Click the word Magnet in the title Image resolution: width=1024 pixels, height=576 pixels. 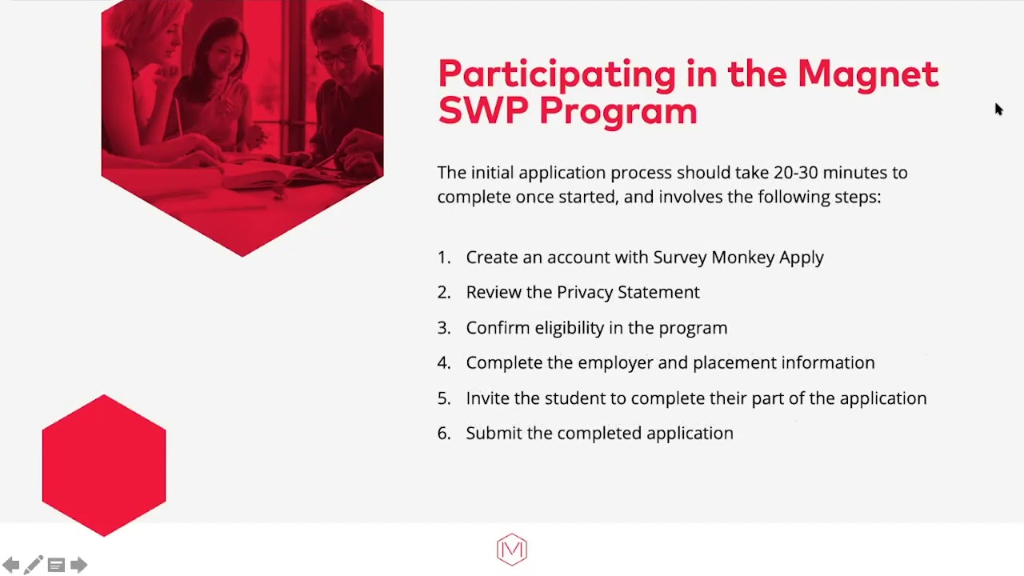pos(867,74)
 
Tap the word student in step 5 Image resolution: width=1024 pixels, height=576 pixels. pos(573,398)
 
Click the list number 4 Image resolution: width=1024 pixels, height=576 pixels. pos(443,363)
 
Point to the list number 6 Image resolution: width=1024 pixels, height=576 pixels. pos(443,434)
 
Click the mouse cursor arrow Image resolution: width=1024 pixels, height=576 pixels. pos(998,109)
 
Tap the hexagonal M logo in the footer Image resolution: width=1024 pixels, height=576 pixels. pos(512,550)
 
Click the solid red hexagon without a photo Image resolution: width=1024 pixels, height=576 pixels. pos(104,465)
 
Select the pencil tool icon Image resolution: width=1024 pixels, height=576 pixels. pos(33,566)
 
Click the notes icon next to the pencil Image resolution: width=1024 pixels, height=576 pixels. pos(56,566)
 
